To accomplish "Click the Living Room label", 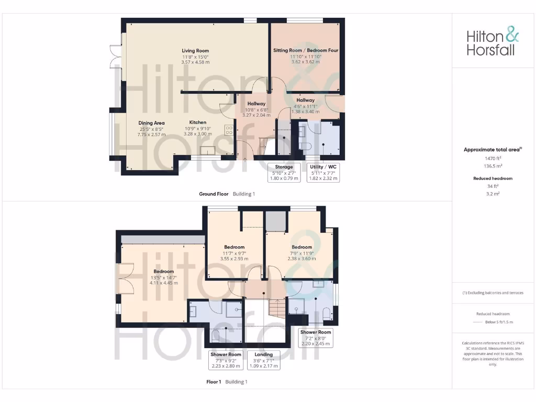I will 195,51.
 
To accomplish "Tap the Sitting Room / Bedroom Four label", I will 306,50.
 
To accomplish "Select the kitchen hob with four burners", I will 229,130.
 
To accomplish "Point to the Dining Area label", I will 151,123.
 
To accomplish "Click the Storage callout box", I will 284,172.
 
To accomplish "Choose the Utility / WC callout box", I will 323,172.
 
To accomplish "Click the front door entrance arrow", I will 245,157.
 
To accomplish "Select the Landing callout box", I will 264,360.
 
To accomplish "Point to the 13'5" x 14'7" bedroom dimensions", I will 164,277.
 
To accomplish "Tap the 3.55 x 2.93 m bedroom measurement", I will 234,259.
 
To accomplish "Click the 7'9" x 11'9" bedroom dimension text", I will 301,253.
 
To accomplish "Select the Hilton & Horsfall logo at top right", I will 493,42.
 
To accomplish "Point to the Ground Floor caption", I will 214,194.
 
